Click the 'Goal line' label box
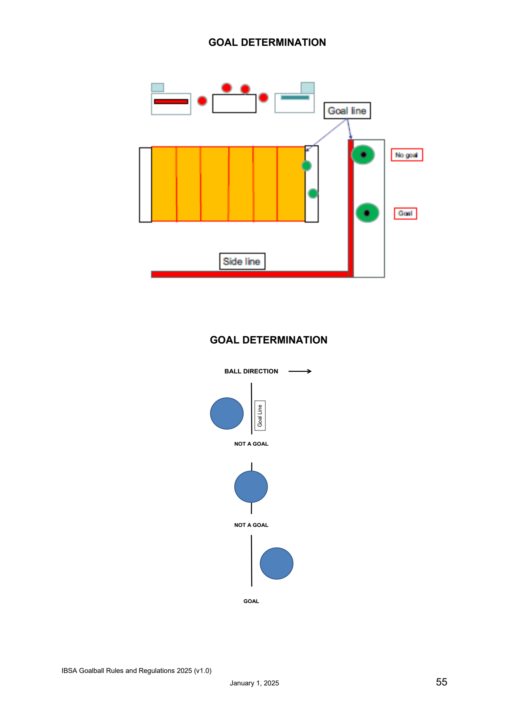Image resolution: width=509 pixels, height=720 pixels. tap(347, 111)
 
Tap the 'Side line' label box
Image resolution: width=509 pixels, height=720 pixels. tap(242, 262)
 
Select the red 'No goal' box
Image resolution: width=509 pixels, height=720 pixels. tap(407, 155)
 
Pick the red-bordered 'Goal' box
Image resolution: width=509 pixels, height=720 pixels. tap(405, 213)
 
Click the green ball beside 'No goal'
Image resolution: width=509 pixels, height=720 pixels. tap(363, 155)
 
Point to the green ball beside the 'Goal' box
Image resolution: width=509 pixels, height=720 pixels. tap(367, 213)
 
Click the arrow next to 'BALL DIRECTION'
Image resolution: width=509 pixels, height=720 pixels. tap(300, 371)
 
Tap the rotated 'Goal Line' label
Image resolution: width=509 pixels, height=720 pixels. tap(260, 416)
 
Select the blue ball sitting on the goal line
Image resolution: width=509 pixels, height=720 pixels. tap(251, 487)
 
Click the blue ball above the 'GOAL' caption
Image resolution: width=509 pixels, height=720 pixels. tap(277, 563)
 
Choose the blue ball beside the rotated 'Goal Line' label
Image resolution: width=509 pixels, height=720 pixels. tap(227, 413)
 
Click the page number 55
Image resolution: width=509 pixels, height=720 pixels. tap(441, 682)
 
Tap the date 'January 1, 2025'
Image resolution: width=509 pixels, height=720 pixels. tap(254, 683)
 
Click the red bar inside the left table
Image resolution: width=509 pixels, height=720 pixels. tap(171, 101)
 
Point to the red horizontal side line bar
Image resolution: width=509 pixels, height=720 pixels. tap(250, 274)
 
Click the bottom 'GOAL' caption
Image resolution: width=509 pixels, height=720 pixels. tap(251, 601)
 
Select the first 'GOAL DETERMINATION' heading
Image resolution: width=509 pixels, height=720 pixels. tap(267, 42)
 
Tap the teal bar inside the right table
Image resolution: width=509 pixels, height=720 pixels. tap(295, 98)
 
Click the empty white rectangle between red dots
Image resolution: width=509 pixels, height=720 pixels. tap(234, 104)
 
